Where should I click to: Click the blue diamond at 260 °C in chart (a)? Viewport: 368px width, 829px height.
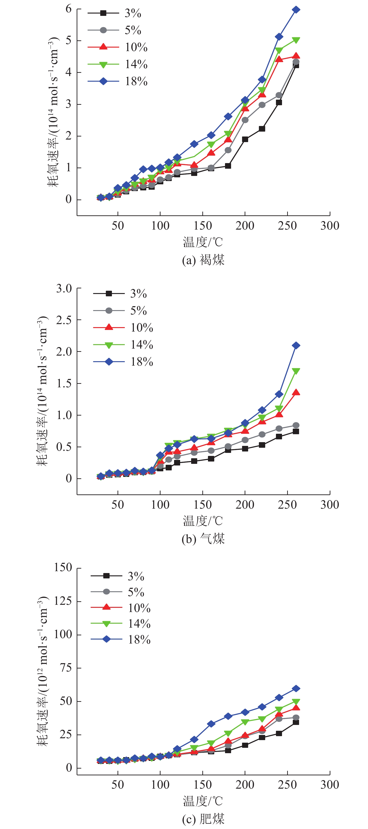point(296,10)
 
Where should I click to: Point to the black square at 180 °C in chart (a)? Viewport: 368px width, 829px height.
point(228,166)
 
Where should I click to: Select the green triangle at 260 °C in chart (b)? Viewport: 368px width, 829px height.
point(296,371)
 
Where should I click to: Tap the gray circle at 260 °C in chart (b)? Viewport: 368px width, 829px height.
point(296,425)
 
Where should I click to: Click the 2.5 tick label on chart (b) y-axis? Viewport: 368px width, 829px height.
point(64,320)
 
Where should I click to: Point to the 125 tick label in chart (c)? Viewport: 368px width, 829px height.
point(63,601)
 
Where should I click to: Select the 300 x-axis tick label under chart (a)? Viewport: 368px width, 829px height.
point(330,226)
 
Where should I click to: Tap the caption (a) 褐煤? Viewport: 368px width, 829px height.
point(203,260)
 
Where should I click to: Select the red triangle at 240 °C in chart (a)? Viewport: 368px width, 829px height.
point(279,59)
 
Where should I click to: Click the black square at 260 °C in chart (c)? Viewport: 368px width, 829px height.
point(296,722)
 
